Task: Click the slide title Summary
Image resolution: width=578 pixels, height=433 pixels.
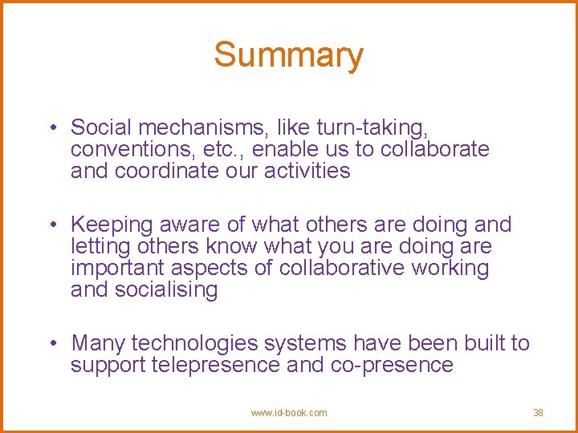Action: (288, 55)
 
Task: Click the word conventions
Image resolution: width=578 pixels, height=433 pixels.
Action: (132, 149)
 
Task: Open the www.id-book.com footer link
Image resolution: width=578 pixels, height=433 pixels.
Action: (289, 413)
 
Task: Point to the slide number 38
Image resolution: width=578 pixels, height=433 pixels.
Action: (538, 413)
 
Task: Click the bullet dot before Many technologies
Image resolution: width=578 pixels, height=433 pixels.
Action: (52, 344)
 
